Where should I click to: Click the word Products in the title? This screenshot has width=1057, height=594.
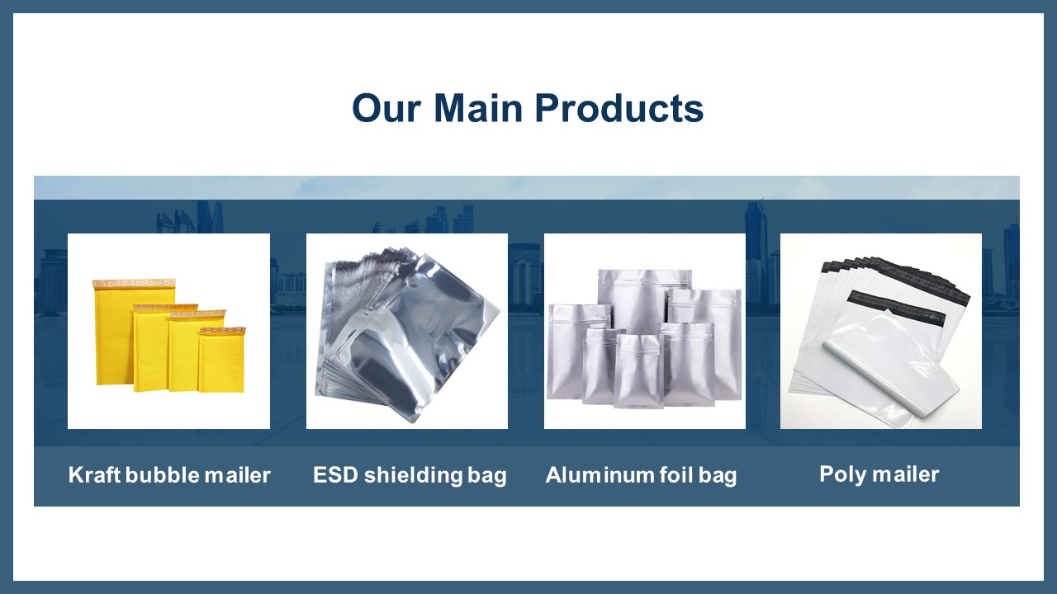pyautogui.click(x=619, y=108)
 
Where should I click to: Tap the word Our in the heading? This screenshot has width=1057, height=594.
pyautogui.click(x=386, y=108)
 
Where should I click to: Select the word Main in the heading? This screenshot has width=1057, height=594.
pyautogui.click(x=478, y=108)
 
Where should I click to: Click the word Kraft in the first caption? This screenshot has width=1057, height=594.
pyautogui.click(x=94, y=474)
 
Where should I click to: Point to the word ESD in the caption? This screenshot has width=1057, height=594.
pyautogui.click(x=335, y=474)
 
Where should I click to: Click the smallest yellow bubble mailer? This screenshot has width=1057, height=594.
pyautogui.click(x=222, y=360)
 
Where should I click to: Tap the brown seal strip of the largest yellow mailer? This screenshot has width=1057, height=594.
pyautogui.click(x=134, y=283)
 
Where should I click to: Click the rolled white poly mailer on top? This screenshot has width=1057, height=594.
pyautogui.click(x=891, y=366)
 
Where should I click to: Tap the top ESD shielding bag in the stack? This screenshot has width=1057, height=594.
pyautogui.click(x=415, y=339)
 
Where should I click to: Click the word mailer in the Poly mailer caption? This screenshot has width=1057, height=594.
pyautogui.click(x=906, y=474)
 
